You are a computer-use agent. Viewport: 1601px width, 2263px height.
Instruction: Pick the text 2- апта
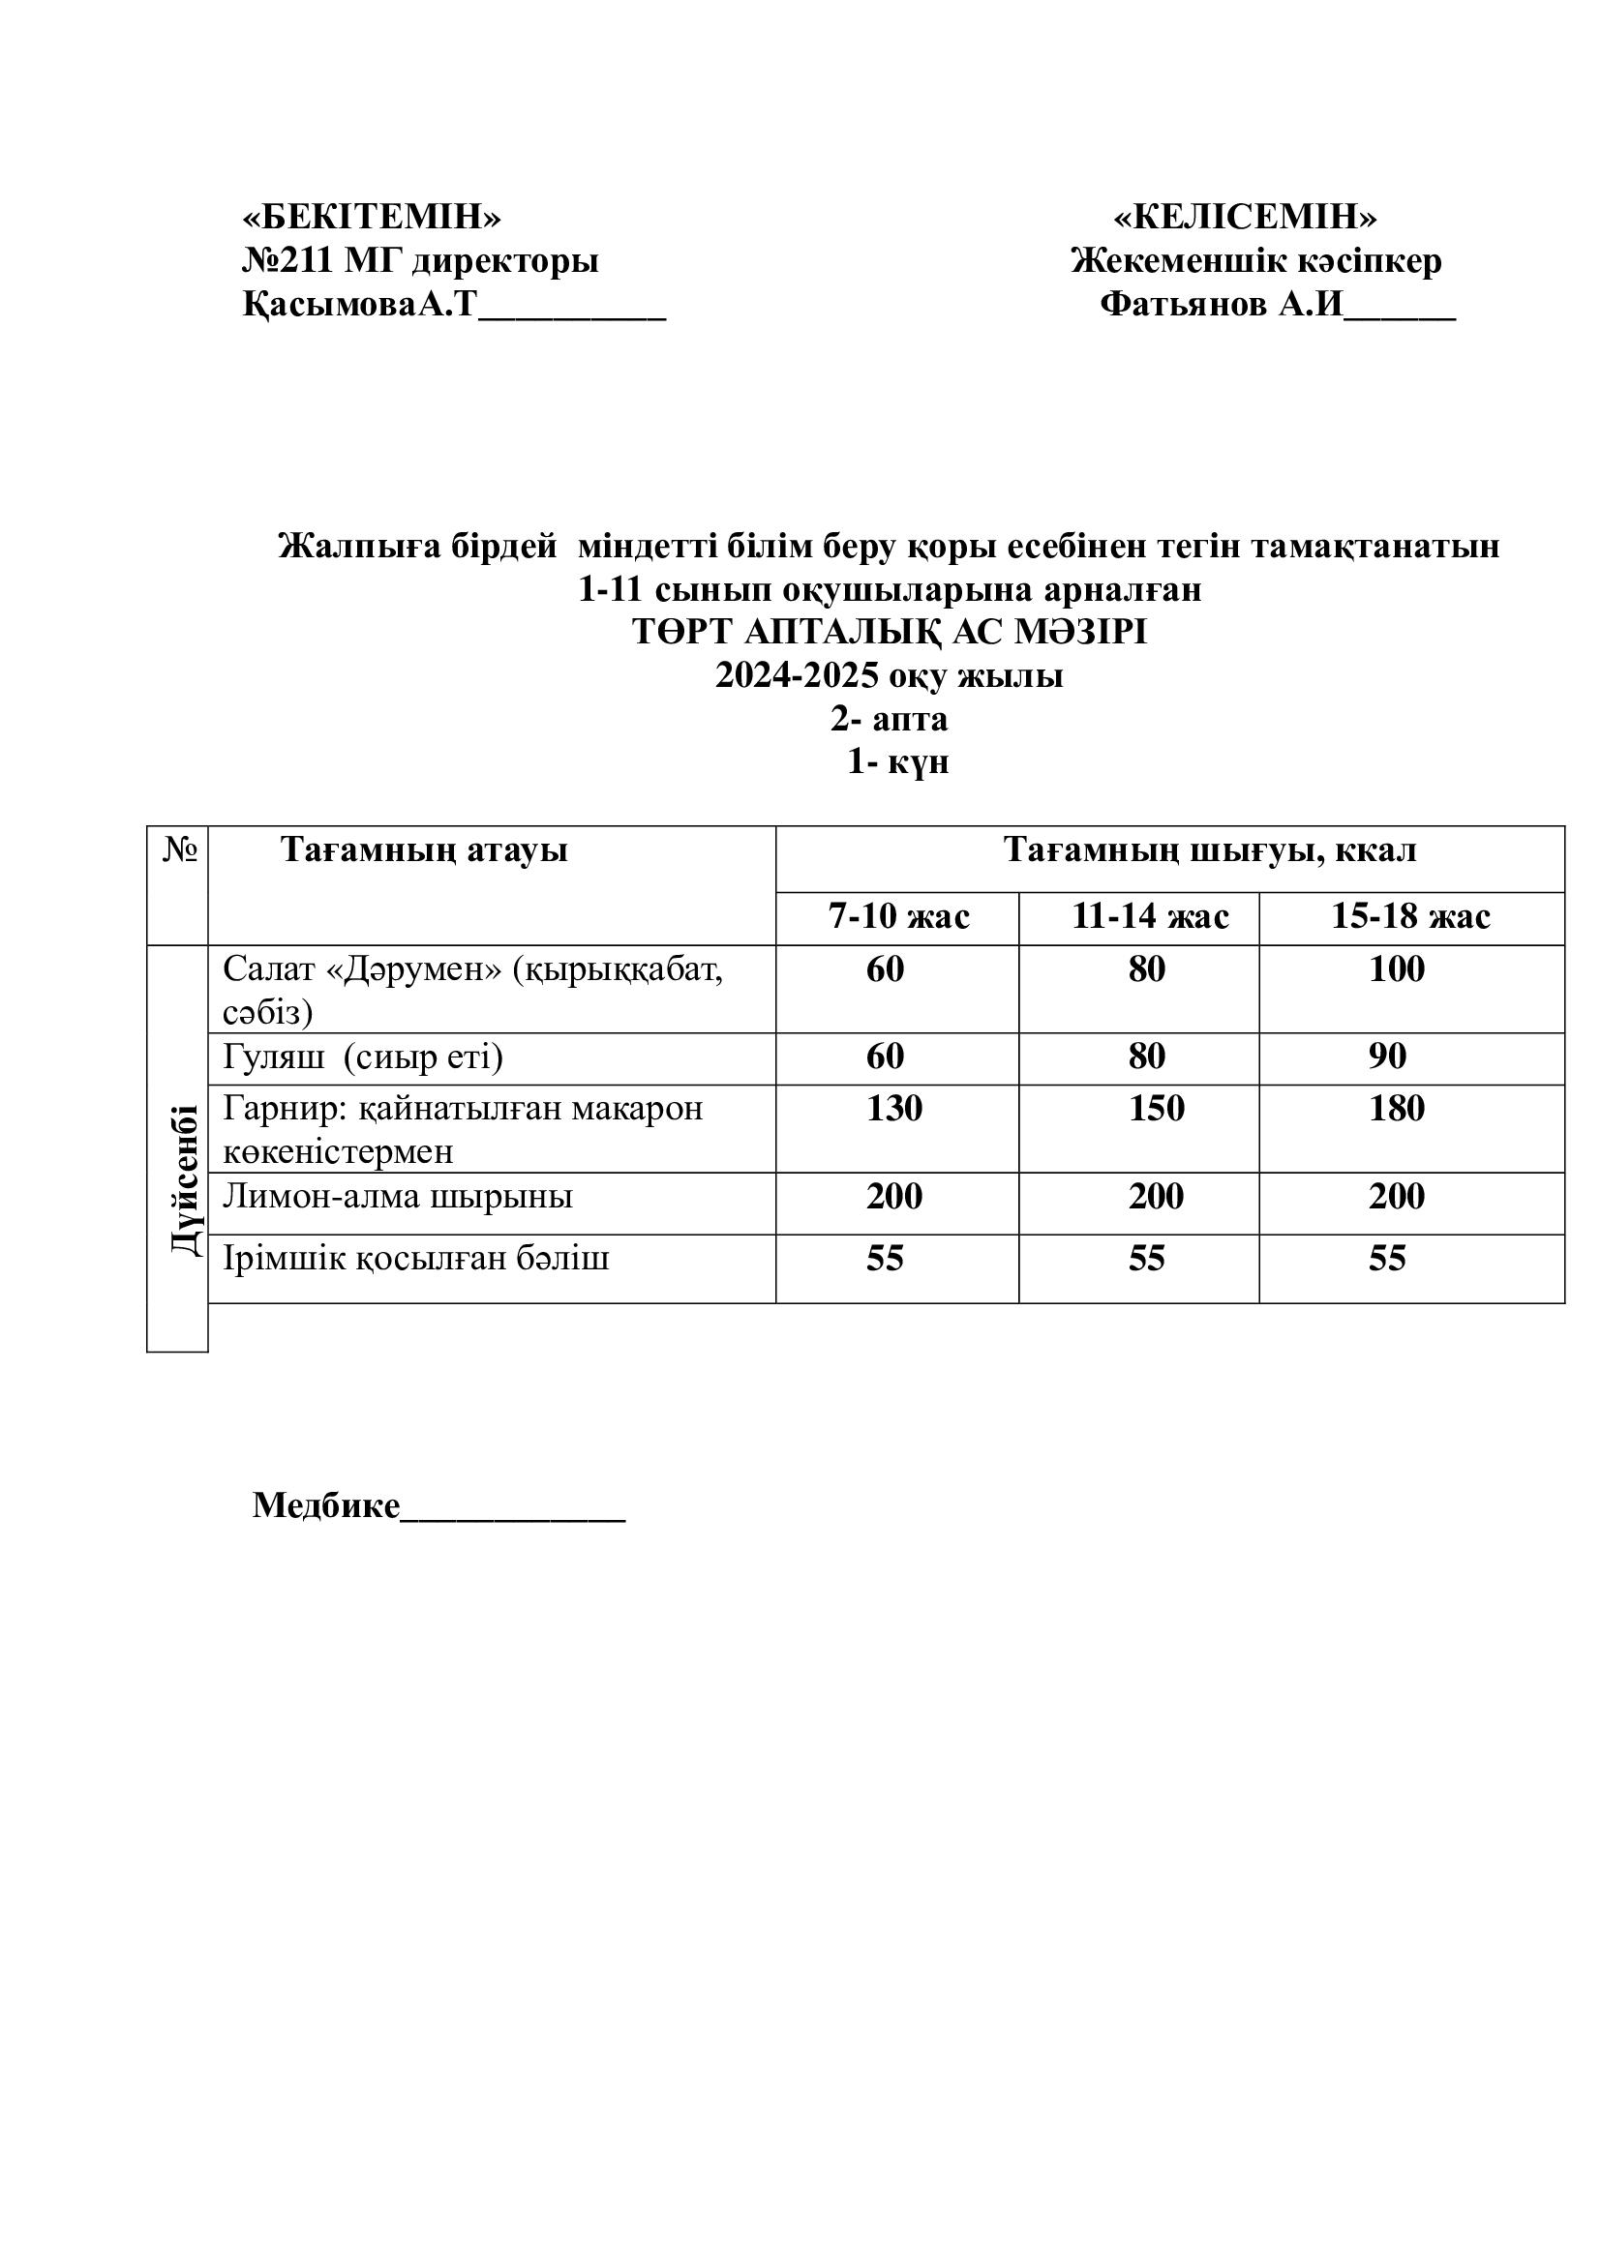[890, 719]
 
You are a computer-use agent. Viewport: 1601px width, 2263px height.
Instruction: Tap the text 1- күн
[898, 761]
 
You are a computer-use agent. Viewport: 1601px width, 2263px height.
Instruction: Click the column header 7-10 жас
[898, 916]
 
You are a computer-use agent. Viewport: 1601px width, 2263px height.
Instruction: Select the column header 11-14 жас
[1150, 916]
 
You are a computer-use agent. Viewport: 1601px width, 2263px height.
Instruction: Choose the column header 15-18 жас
[1409, 916]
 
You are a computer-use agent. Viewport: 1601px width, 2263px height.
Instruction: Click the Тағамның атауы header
[424, 849]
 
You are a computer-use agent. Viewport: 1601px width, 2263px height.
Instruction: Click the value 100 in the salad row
[1396, 968]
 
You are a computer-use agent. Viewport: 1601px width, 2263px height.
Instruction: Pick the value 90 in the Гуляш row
[1387, 1057]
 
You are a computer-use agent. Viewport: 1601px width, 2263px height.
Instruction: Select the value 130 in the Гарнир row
[894, 1109]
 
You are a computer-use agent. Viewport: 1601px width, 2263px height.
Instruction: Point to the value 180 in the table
[1396, 1109]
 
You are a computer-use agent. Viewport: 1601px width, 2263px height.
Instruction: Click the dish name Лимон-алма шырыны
[397, 1197]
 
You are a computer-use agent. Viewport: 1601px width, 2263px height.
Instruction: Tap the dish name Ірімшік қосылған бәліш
[416, 1259]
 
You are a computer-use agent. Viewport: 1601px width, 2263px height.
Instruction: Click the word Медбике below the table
[326, 1505]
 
